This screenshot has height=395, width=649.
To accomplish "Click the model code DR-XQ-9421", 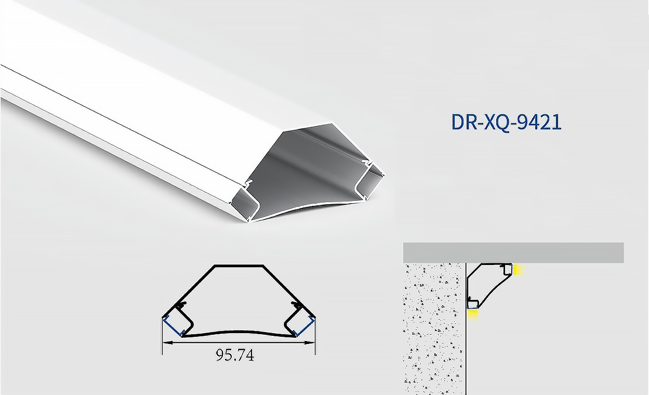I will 506,122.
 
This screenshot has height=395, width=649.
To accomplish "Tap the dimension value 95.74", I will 235,355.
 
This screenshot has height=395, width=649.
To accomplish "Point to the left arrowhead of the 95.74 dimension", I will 166,343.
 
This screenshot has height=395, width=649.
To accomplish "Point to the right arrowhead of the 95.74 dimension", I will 312,343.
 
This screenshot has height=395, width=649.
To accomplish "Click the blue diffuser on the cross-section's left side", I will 172,326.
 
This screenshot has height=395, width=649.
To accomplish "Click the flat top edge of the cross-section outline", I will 239,266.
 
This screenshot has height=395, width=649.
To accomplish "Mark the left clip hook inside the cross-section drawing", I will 181,306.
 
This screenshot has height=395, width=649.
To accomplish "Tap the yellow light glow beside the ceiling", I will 518,270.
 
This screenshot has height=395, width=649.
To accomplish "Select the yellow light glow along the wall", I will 472,315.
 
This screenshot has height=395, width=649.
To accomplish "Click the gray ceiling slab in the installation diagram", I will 513,253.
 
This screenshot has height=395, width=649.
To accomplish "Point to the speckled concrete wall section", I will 433,327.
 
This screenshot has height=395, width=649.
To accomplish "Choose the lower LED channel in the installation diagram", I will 472,304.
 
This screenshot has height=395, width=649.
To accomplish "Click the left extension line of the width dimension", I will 162,338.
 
